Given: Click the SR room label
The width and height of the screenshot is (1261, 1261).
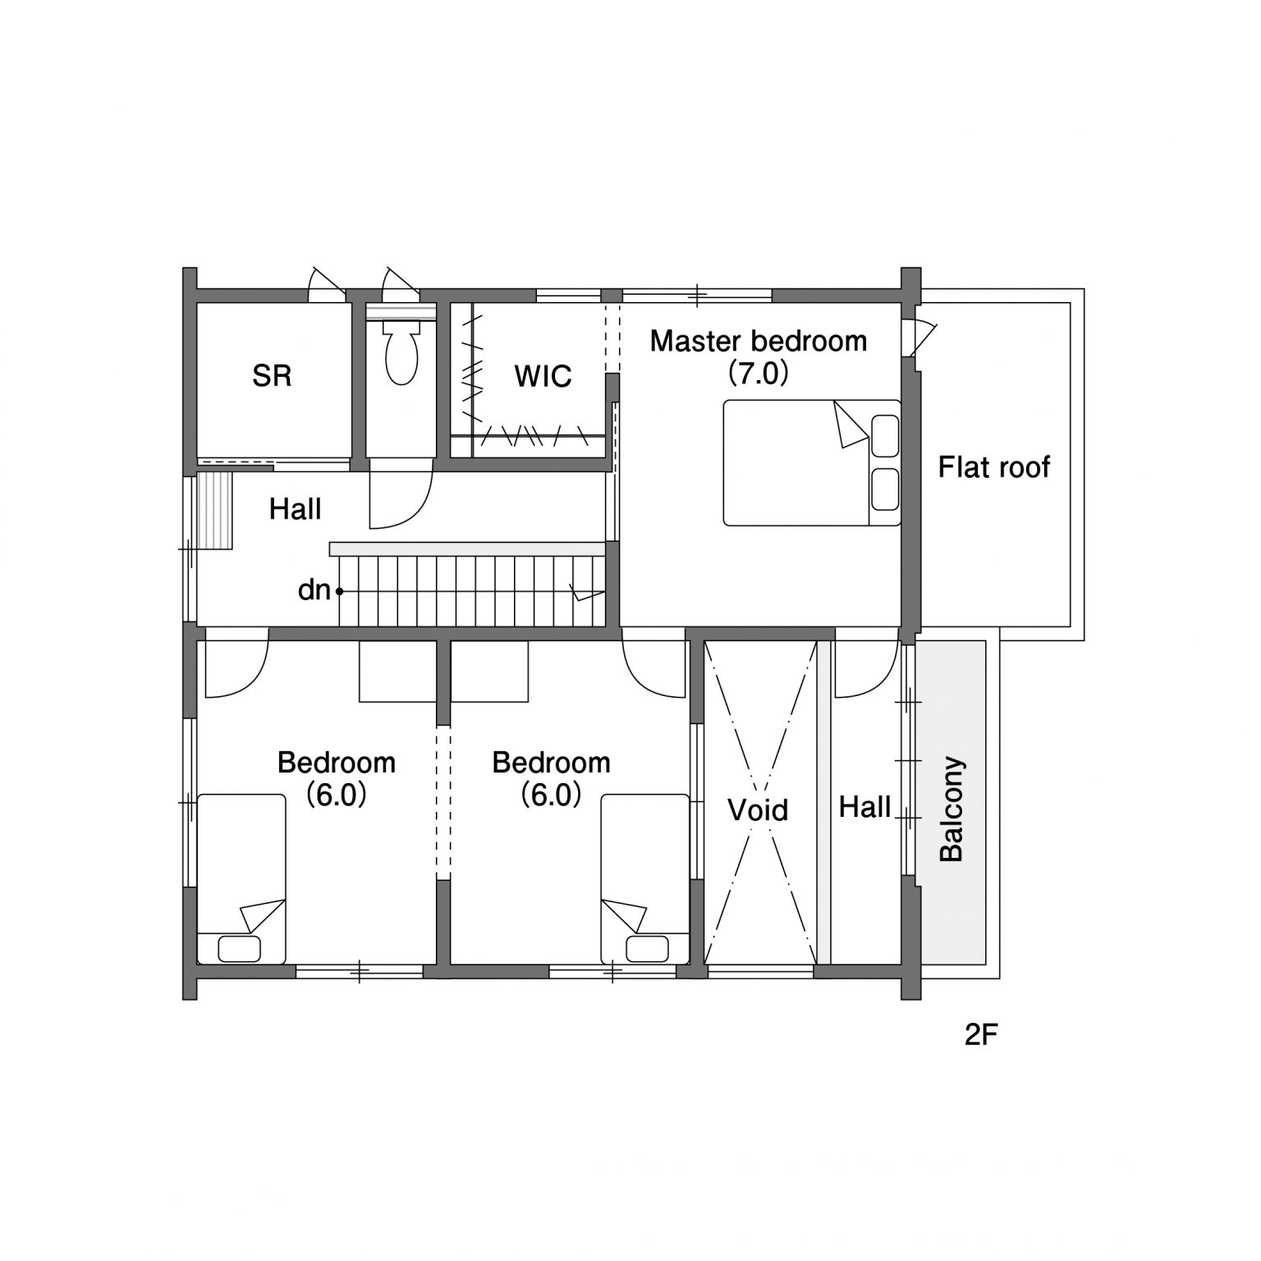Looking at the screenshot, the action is pyautogui.click(x=272, y=376).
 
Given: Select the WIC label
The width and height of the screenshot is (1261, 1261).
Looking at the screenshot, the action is pyautogui.click(x=543, y=376).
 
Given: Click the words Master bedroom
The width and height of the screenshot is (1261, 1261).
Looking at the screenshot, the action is pyautogui.click(x=758, y=341).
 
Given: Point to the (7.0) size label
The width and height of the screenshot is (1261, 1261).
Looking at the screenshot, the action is pyautogui.click(x=759, y=374).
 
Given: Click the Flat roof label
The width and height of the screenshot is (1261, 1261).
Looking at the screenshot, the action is pyautogui.click(x=994, y=467).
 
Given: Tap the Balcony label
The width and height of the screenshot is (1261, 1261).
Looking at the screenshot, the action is pyautogui.click(x=951, y=809).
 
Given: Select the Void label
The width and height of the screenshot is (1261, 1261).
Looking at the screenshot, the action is pyautogui.click(x=758, y=810).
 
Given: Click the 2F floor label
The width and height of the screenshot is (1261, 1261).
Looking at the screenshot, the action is pyautogui.click(x=981, y=1036).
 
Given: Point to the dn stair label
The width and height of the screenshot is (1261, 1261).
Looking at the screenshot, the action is pyautogui.click(x=314, y=589).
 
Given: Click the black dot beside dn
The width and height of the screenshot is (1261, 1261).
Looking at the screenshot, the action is pyautogui.click(x=339, y=591).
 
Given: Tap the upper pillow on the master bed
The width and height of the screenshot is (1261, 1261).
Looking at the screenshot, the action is pyautogui.click(x=885, y=436).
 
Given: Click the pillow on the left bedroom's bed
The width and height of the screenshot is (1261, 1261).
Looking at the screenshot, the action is pyautogui.click(x=240, y=949).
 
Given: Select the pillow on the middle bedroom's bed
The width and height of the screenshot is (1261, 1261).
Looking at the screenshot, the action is pyautogui.click(x=647, y=949).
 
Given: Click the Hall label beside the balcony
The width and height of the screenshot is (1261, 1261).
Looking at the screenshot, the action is pyautogui.click(x=864, y=808).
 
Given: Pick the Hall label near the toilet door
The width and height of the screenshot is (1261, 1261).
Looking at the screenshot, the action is pyautogui.click(x=295, y=510).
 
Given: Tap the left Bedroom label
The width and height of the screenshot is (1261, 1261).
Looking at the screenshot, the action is pyautogui.click(x=337, y=763).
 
